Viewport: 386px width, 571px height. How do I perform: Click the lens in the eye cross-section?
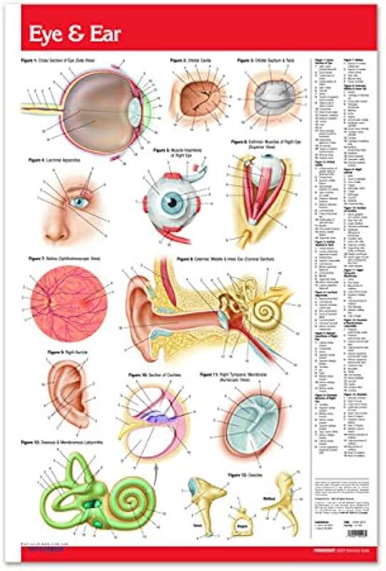pyautogui.click(x=133, y=111)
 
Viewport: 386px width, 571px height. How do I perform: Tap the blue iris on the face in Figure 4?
pyautogui.click(x=79, y=203)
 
